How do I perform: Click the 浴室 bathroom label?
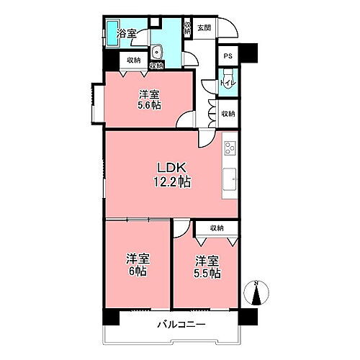click(x=128, y=32)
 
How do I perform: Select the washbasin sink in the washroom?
click(x=158, y=52)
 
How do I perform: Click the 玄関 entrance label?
click(x=204, y=28)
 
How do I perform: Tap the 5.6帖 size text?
click(x=150, y=105)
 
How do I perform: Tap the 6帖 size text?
click(x=137, y=272)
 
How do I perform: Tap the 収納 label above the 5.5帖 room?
click(x=217, y=228)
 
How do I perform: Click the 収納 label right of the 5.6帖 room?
click(x=228, y=114)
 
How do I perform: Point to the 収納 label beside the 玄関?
click(x=187, y=27)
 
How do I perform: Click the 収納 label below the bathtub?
click(x=130, y=60)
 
